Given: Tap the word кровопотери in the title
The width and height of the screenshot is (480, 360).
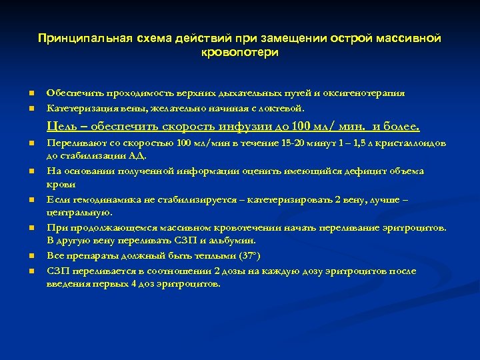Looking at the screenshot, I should click(239, 52).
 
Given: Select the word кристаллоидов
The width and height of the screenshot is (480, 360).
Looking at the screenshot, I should click(412, 143).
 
